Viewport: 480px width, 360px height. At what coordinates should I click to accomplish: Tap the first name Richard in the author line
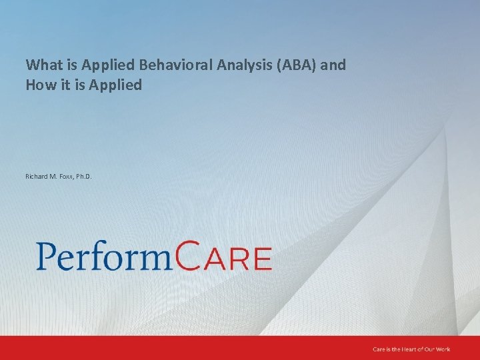37,177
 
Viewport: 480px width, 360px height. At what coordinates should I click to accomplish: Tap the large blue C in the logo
189,255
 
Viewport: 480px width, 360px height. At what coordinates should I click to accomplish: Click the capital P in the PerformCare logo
47,255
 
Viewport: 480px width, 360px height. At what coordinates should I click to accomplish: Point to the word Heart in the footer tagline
409,349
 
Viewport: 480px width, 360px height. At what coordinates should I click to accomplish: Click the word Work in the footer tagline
443,349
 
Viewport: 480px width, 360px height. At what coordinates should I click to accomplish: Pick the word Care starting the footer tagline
378,349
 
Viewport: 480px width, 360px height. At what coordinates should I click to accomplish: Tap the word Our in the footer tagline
429,349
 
